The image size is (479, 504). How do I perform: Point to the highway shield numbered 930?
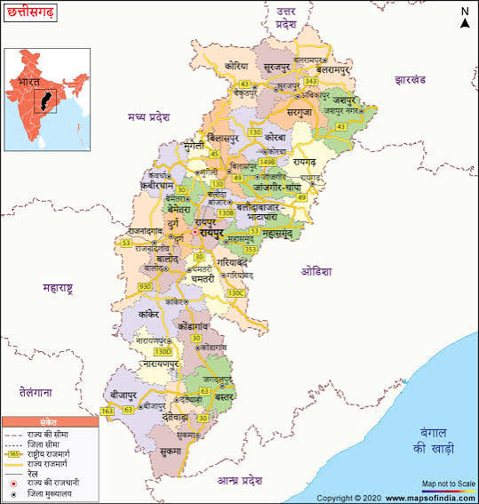point(145,287)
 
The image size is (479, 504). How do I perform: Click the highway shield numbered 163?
point(108,411)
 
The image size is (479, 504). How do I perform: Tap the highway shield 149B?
point(267,163)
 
